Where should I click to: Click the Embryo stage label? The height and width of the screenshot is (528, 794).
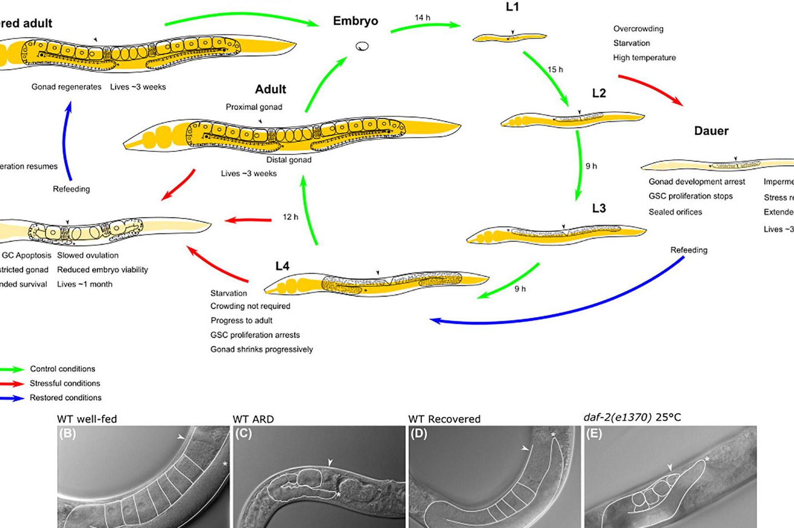pyautogui.click(x=356, y=21)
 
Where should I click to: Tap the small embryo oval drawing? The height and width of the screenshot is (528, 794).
pyautogui.click(x=362, y=46)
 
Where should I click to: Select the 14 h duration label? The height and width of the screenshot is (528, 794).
pyautogui.click(x=422, y=18)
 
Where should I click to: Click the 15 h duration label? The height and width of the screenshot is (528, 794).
pyautogui.click(x=555, y=69)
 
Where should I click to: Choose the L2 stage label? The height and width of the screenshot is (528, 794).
pyautogui.click(x=599, y=93)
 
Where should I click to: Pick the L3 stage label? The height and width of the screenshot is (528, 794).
pyautogui.click(x=599, y=208)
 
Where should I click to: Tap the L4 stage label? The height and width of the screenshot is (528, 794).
pyautogui.click(x=282, y=266)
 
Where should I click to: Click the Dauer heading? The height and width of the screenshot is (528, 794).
pyautogui.click(x=711, y=131)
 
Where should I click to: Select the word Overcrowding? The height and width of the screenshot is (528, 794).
pyautogui.click(x=638, y=29)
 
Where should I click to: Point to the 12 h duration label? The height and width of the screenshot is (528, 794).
pyautogui.click(x=290, y=217)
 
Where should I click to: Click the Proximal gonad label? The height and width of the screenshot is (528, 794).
pyautogui.click(x=254, y=107)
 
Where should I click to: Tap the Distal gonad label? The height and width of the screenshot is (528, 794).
pyautogui.click(x=288, y=160)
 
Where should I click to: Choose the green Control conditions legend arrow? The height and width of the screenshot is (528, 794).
pyautogui.click(x=12, y=369)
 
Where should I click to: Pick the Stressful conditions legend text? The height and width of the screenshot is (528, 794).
pyautogui.click(x=65, y=383)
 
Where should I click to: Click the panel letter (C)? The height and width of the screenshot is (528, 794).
pyautogui.click(x=243, y=434)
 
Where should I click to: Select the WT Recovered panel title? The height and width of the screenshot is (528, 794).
pyautogui.click(x=444, y=419)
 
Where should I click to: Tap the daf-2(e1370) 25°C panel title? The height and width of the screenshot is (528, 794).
pyautogui.click(x=632, y=417)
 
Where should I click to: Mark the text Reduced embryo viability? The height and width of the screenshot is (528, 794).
pyautogui.click(x=102, y=270)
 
